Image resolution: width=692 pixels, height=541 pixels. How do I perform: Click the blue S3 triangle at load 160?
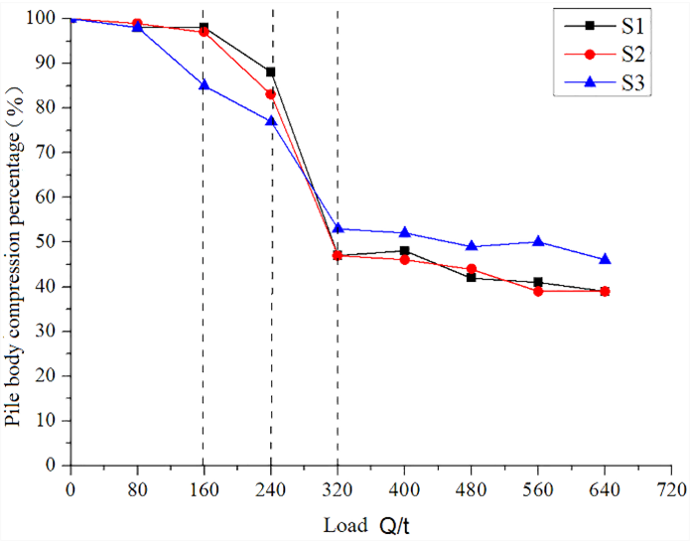coord(204,85)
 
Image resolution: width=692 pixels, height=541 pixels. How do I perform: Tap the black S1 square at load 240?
coord(271,71)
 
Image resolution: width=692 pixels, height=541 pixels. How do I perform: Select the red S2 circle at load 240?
coord(271,94)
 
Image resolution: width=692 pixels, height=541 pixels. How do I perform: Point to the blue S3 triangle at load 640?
coord(605,259)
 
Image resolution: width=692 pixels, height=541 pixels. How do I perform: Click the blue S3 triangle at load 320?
coord(338,228)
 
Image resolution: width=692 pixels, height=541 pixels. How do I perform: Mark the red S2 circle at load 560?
coord(538,291)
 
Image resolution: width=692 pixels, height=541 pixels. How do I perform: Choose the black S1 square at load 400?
coord(404,251)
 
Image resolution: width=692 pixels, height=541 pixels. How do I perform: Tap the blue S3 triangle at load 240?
coord(271,121)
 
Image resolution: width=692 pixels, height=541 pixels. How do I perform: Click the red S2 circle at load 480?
coord(472,269)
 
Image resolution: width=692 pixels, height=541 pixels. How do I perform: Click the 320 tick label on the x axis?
coord(338,488)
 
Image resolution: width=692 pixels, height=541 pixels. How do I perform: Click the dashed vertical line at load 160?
coord(204,298)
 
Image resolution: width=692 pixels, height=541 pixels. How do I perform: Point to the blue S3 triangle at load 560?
coord(538,241)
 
